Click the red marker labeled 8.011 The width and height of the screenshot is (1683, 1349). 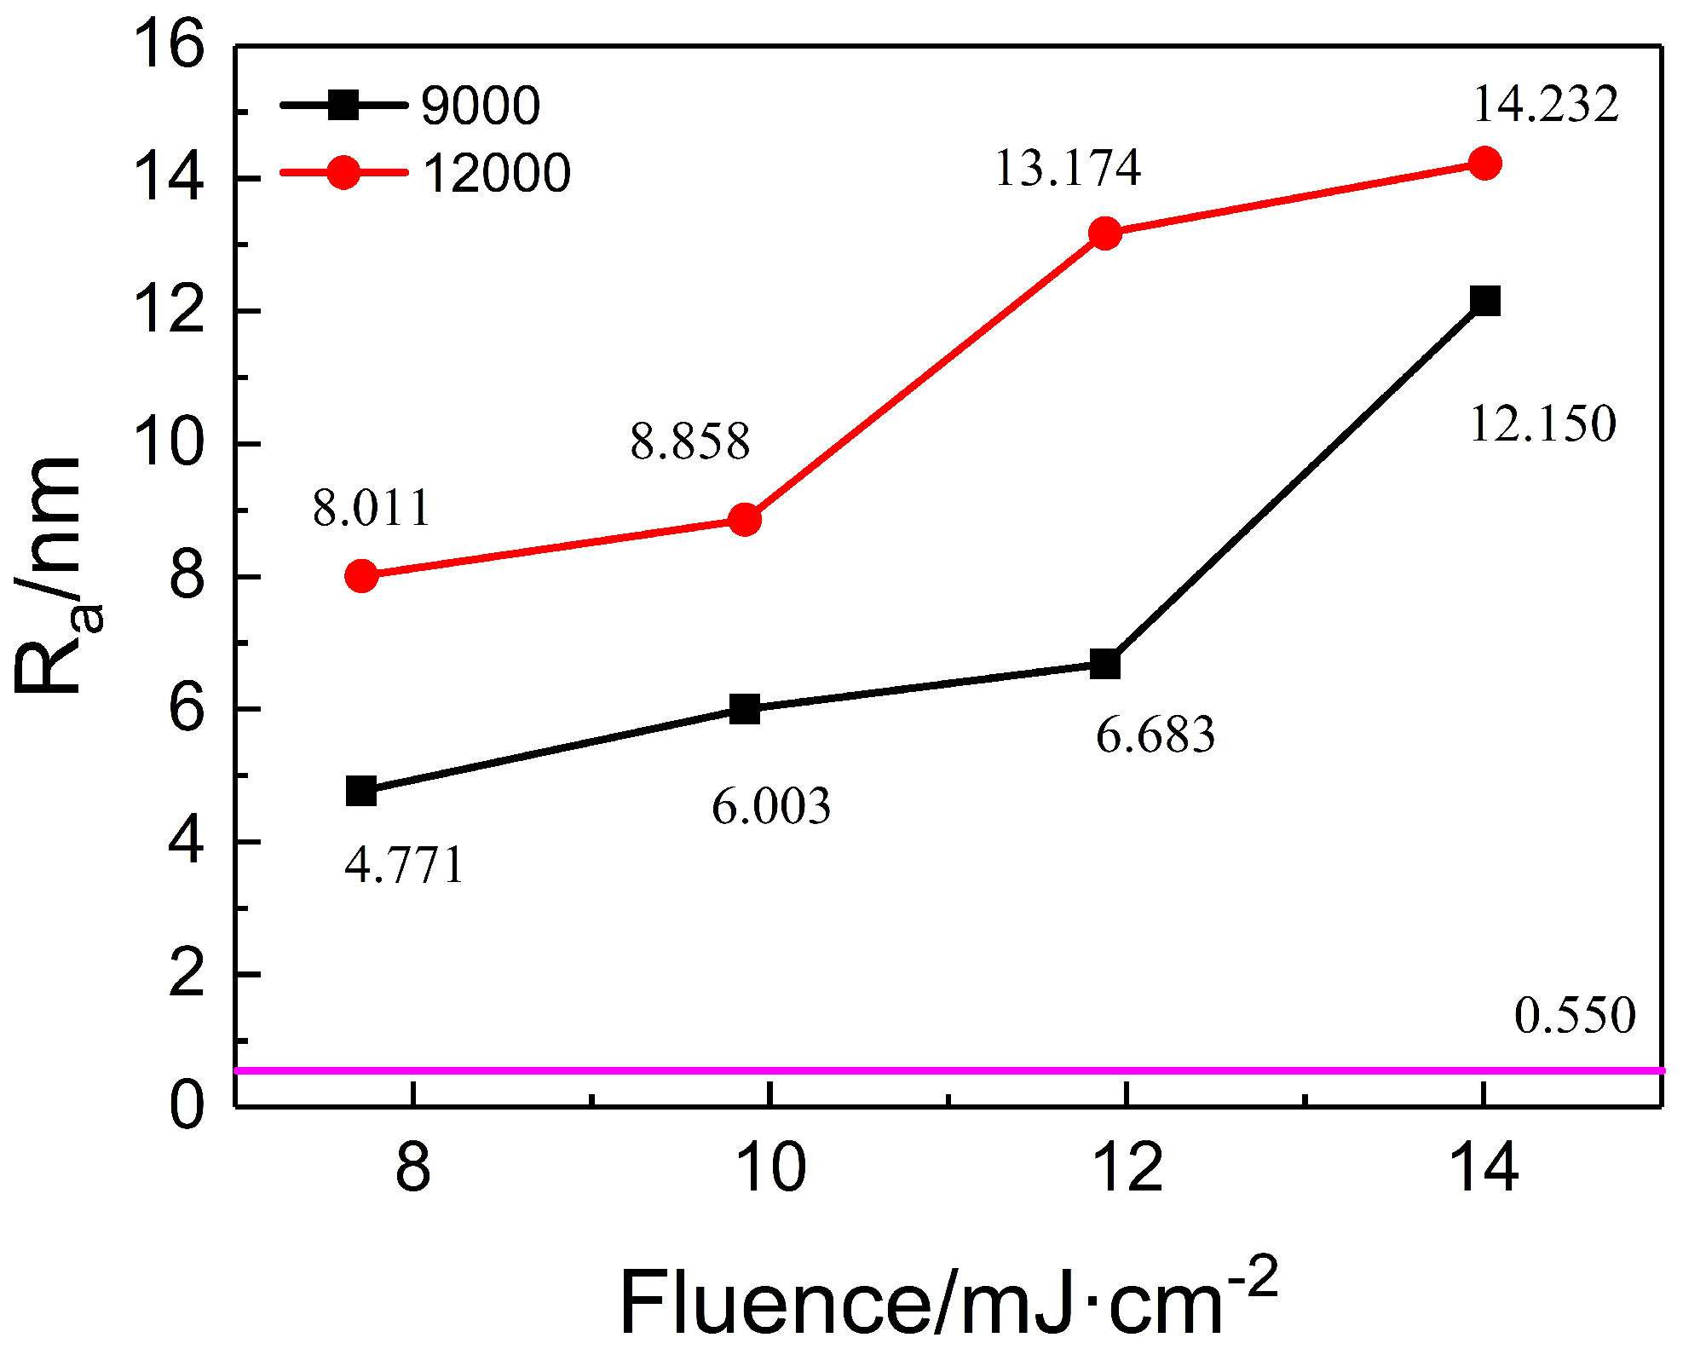coord(361,576)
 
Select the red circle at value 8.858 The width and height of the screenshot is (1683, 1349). coord(745,519)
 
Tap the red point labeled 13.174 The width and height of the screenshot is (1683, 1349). coord(1105,233)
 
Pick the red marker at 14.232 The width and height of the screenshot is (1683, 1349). coord(1484,163)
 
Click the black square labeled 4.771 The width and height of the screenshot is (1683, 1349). coord(361,791)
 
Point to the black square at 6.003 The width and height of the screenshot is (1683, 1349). coord(745,709)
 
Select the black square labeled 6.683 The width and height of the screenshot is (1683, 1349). coord(1105,664)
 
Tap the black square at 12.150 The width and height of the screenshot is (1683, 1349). coord(1484,301)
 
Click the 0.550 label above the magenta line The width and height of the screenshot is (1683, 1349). coord(1575,1015)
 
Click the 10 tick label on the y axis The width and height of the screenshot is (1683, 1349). coord(170,444)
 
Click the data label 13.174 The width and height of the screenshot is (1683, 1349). coord(1067,168)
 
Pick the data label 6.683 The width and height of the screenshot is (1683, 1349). coord(1155,735)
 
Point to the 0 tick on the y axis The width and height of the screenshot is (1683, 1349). coord(187,1106)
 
